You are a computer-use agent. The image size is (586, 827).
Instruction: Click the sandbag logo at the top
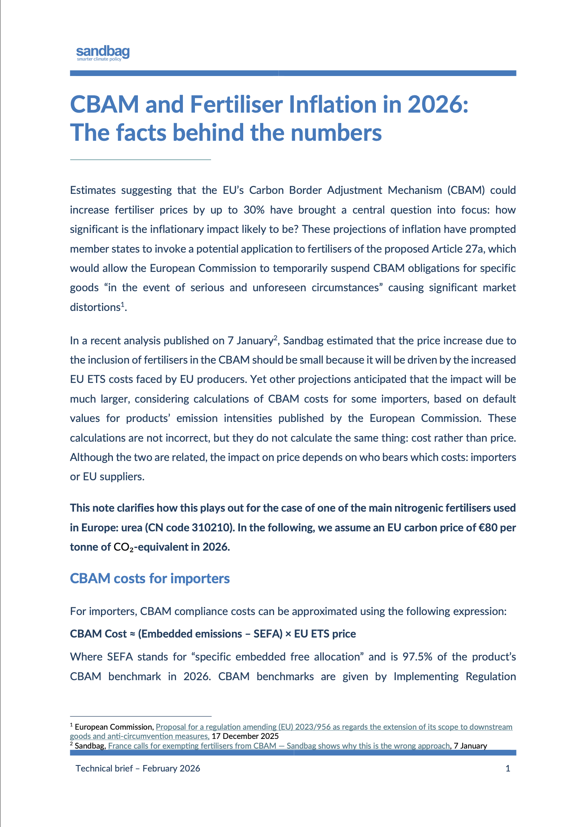coord(103,53)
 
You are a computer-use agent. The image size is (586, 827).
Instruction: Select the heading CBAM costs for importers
coord(150,578)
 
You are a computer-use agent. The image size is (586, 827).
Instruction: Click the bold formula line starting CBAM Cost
coord(213,634)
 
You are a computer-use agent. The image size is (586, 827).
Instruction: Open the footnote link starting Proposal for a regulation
coord(334,727)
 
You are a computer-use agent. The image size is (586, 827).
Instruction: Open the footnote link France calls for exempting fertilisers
coord(279,746)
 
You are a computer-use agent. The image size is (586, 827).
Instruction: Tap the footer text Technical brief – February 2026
coord(138,768)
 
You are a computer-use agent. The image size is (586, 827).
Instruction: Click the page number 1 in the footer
coord(508,768)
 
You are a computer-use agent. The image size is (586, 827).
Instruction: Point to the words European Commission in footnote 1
coord(114,727)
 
